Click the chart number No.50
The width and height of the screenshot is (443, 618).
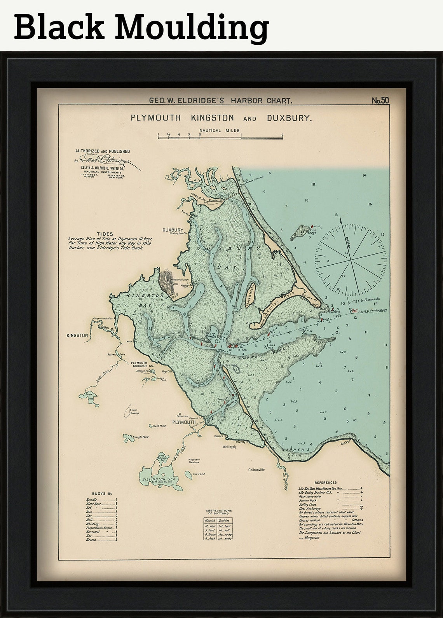[x=380, y=101]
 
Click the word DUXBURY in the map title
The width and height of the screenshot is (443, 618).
[x=289, y=118]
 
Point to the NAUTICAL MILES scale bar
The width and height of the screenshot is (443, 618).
[x=220, y=136]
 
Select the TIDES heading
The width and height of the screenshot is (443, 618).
[x=104, y=234]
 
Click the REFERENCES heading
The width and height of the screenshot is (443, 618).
[x=326, y=482]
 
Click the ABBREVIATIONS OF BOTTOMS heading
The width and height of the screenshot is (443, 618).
[x=218, y=512]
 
